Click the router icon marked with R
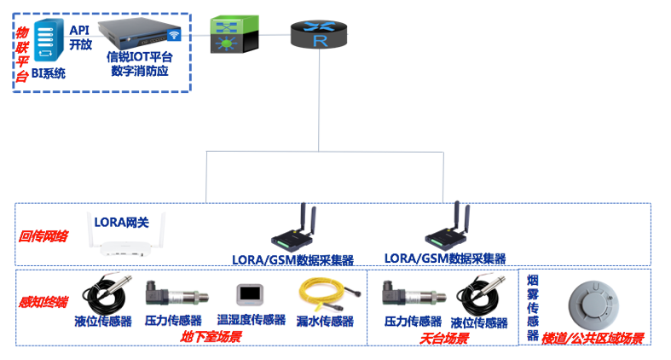320,35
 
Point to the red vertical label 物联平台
21,52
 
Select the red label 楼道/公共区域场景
593,338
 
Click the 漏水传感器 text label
325,321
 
